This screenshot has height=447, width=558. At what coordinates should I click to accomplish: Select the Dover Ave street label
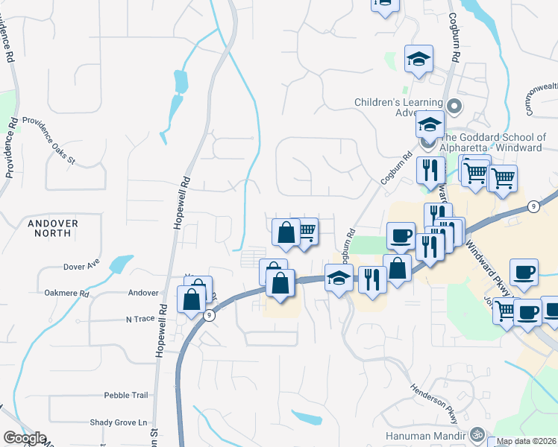(81, 266)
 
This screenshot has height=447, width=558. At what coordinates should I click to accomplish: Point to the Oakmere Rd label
(66, 294)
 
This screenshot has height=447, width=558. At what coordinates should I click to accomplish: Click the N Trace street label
(139, 319)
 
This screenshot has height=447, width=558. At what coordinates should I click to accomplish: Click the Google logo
(25, 438)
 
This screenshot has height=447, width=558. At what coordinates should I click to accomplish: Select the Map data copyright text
(527, 441)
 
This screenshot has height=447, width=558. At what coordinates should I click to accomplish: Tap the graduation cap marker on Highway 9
(339, 278)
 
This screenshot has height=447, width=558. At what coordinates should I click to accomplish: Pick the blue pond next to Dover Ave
(120, 264)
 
